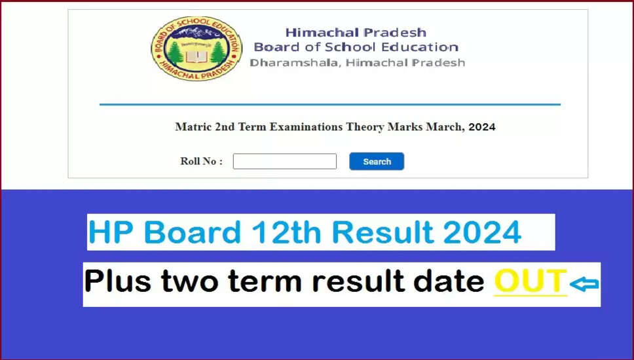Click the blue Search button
(377, 161)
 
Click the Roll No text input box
(285, 161)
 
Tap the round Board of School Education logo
(196, 48)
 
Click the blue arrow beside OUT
(584, 284)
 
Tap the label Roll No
(201, 161)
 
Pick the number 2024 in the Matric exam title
(482, 127)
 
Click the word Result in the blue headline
(382, 233)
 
